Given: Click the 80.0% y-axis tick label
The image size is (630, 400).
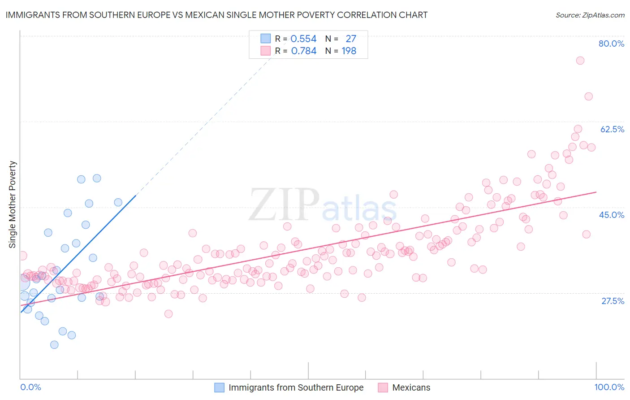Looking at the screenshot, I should pyautogui.click(x=611, y=43).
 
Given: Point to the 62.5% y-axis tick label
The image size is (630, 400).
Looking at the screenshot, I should pyautogui.click(x=612, y=129).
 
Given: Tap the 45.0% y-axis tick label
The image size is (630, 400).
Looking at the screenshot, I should pyautogui.click(x=612, y=215).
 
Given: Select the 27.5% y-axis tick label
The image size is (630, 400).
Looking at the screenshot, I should pyautogui.click(x=613, y=301).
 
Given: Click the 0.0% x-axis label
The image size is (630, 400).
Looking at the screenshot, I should pyautogui.click(x=31, y=387).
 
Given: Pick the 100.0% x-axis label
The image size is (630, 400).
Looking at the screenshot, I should pyautogui.click(x=609, y=387).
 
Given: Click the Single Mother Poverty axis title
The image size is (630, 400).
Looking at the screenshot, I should pyautogui.click(x=13, y=204).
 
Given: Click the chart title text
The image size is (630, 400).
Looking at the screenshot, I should pyautogui.click(x=216, y=15).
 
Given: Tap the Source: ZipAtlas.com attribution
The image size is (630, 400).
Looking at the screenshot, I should pyautogui.click(x=590, y=15).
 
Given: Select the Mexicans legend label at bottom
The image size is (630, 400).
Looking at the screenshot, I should pyautogui.click(x=411, y=387).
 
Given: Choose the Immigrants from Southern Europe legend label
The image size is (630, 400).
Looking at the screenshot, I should pyautogui.click(x=296, y=387).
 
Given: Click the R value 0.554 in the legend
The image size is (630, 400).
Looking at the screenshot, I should pyautogui.click(x=303, y=39).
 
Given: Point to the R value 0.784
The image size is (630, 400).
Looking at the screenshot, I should pyautogui.click(x=303, y=51).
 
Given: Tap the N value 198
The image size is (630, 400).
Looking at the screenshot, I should pyautogui.click(x=349, y=51).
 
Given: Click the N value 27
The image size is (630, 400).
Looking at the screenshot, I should pyautogui.click(x=350, y=39).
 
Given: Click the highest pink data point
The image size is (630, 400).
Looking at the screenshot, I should pyautogui.click(x=580, y=61).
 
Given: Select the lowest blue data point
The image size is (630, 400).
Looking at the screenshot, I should pyautogui.click(x=54, y=344).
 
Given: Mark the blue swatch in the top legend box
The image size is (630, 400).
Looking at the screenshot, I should pyautogui.click(x=266, y=39).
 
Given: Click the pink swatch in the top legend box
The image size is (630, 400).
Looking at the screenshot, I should pyautogui.click(x=266, y=51).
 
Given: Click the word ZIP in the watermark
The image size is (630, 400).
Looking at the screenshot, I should pyautogui.click(x=284, y=205).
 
